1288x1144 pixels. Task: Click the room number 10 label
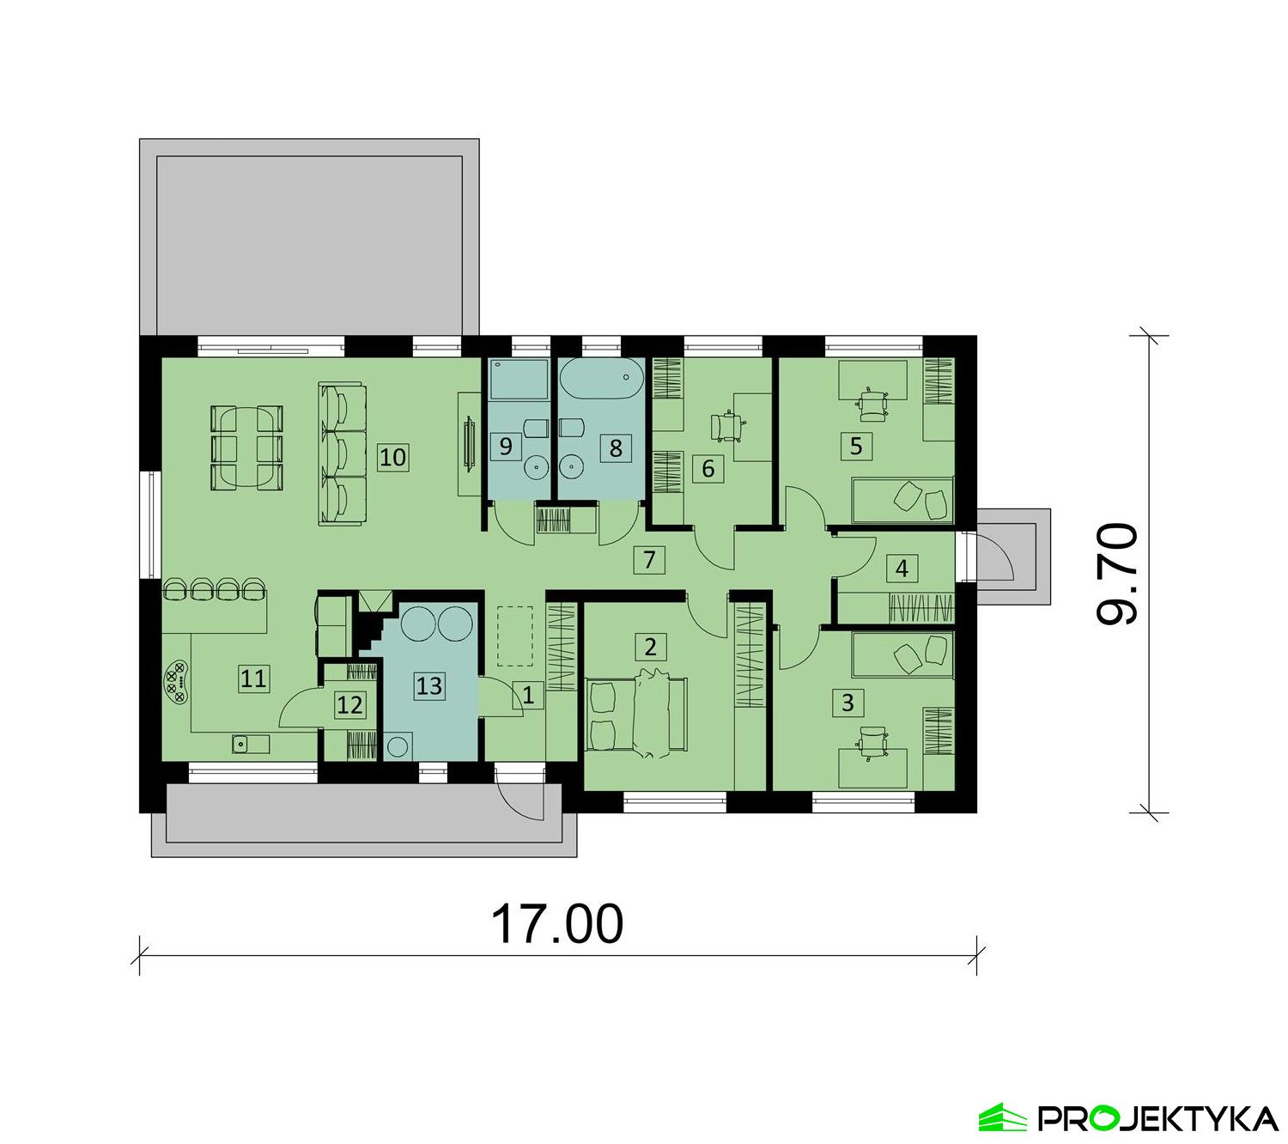[392, 456]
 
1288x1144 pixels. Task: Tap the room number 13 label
[429, 685]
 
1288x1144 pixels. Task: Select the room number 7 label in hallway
[649, 561]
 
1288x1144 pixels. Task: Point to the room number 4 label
[901, 569]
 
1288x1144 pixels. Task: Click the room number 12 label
[350, 705]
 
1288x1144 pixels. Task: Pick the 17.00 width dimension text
[556, 923]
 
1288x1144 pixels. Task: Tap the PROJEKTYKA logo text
[1157, 1118]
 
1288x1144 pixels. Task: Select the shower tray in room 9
[519, 380]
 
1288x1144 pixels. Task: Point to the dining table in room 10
[247, 447]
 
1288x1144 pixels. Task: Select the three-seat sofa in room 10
[343, 453]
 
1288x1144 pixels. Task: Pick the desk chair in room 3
[873, 741]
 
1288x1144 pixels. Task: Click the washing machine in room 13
[398, 745]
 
